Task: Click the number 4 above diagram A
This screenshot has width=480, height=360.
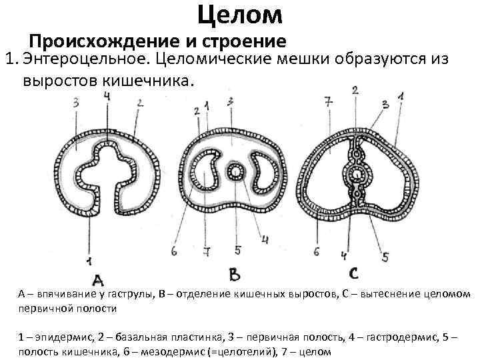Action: pos(107,97)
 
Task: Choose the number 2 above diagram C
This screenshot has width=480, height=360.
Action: pos(355,90)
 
